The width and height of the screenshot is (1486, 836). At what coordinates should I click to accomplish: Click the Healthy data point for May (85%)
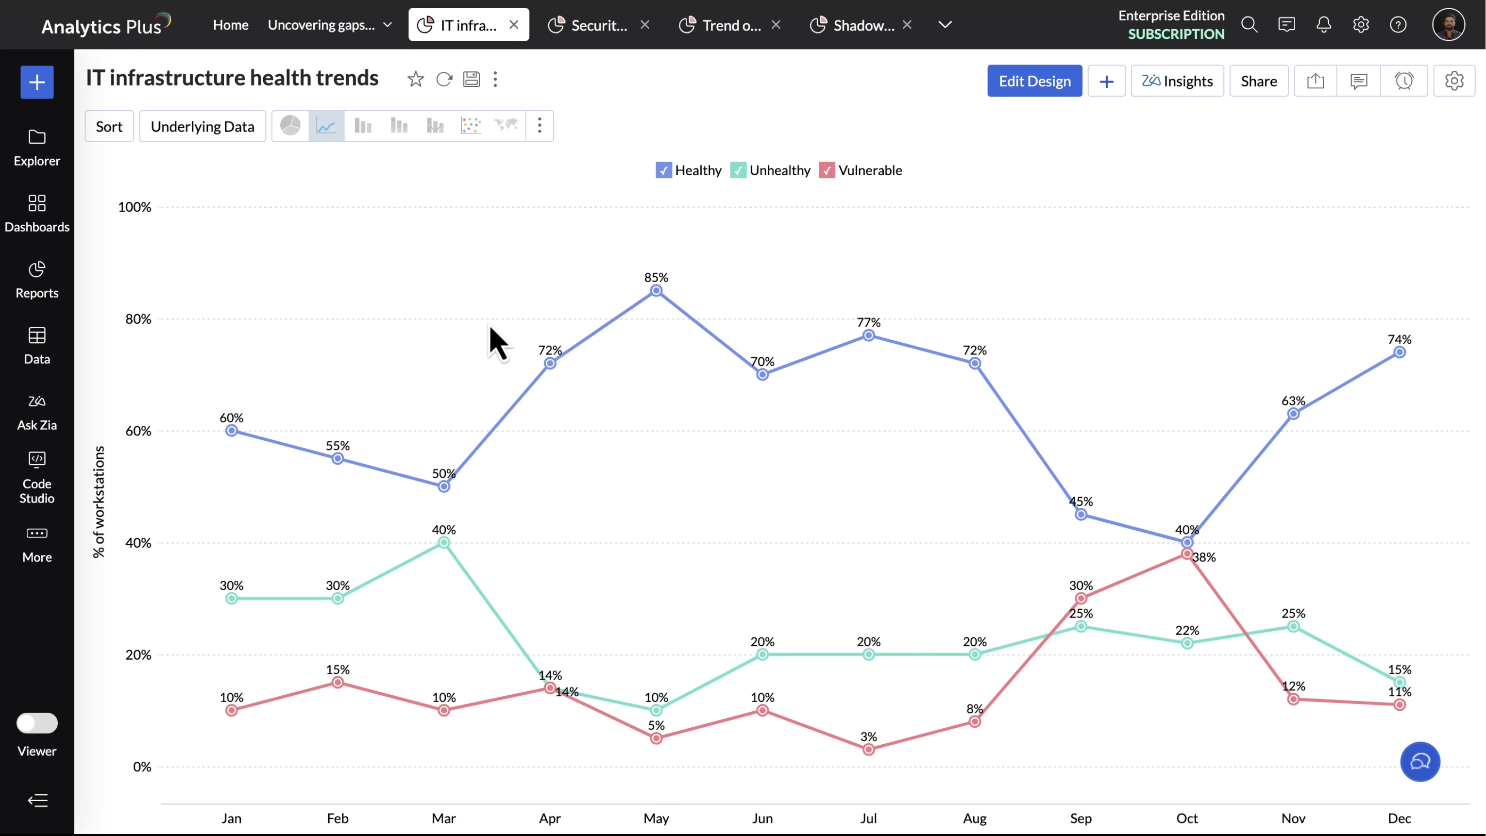[x=656, y=291]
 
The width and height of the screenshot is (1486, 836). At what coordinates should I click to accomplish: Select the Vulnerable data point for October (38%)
[x=1186, y=553]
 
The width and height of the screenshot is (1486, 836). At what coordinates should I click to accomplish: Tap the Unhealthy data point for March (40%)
[x=443, y=543]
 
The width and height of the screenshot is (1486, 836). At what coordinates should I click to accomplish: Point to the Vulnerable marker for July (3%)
[x=868, y=750]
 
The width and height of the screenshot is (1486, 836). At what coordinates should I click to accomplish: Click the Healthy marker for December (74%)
[x=1399, y=352]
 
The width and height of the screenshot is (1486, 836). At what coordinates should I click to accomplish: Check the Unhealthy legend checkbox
[x=738, y=170]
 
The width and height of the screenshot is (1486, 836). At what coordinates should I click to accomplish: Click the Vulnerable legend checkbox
[x=827, y=170]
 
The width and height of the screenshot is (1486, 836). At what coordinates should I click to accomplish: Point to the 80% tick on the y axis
[x=138, y=319]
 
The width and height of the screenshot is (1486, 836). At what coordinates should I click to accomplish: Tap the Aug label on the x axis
[x=974, y=818]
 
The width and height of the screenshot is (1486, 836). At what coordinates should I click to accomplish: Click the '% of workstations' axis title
[x=99, y=502]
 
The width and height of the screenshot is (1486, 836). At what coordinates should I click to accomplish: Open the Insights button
[x=1177, y=81]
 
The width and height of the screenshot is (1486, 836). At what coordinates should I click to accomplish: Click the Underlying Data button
[x=203, y=126]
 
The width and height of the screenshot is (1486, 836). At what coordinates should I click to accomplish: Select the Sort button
[x=109, y=126]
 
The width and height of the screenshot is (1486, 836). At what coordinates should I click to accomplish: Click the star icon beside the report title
[x=415, y=79]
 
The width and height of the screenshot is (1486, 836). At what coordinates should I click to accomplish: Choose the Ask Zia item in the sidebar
[x=37, y=412]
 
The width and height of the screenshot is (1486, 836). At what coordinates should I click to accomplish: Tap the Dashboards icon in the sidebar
[x=37, y=203]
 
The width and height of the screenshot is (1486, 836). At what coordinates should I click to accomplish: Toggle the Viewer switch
[x=37, y=723]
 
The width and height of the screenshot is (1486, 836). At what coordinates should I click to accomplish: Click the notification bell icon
[x=1323, y=25]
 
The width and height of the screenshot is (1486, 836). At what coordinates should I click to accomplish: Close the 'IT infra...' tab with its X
[x=513, y=25]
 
